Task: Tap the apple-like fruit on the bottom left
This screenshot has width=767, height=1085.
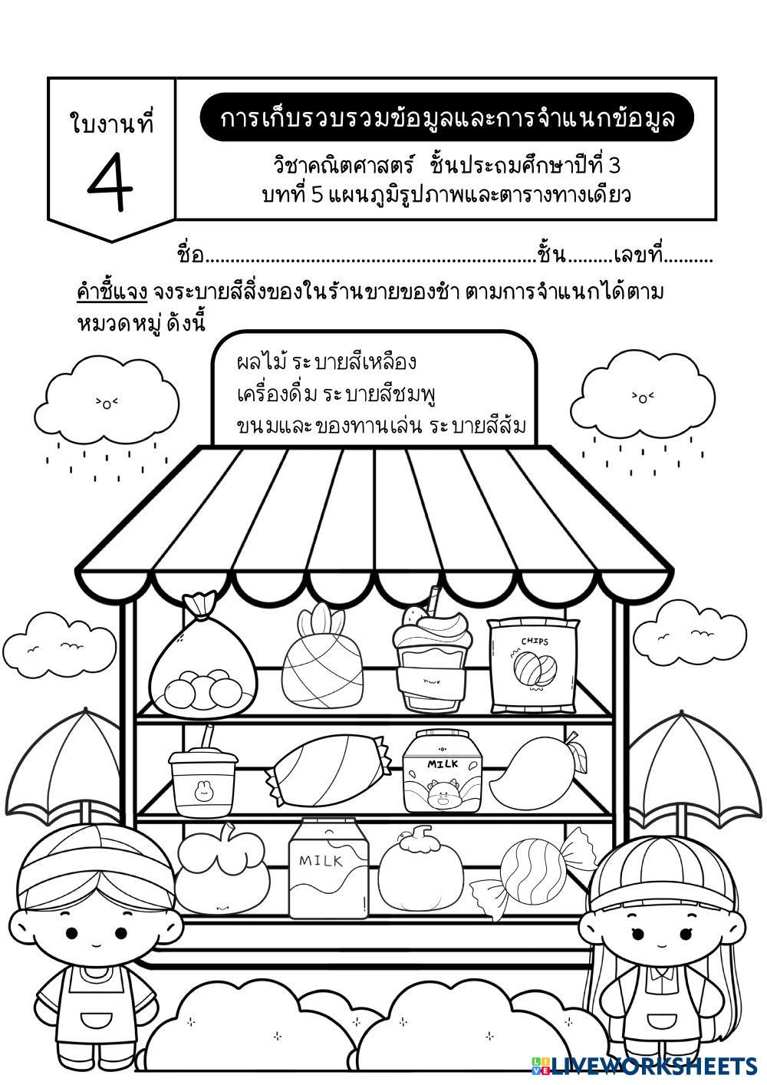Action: tap(222, 871)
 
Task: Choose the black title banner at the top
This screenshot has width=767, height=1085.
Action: tap(447, 118)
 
